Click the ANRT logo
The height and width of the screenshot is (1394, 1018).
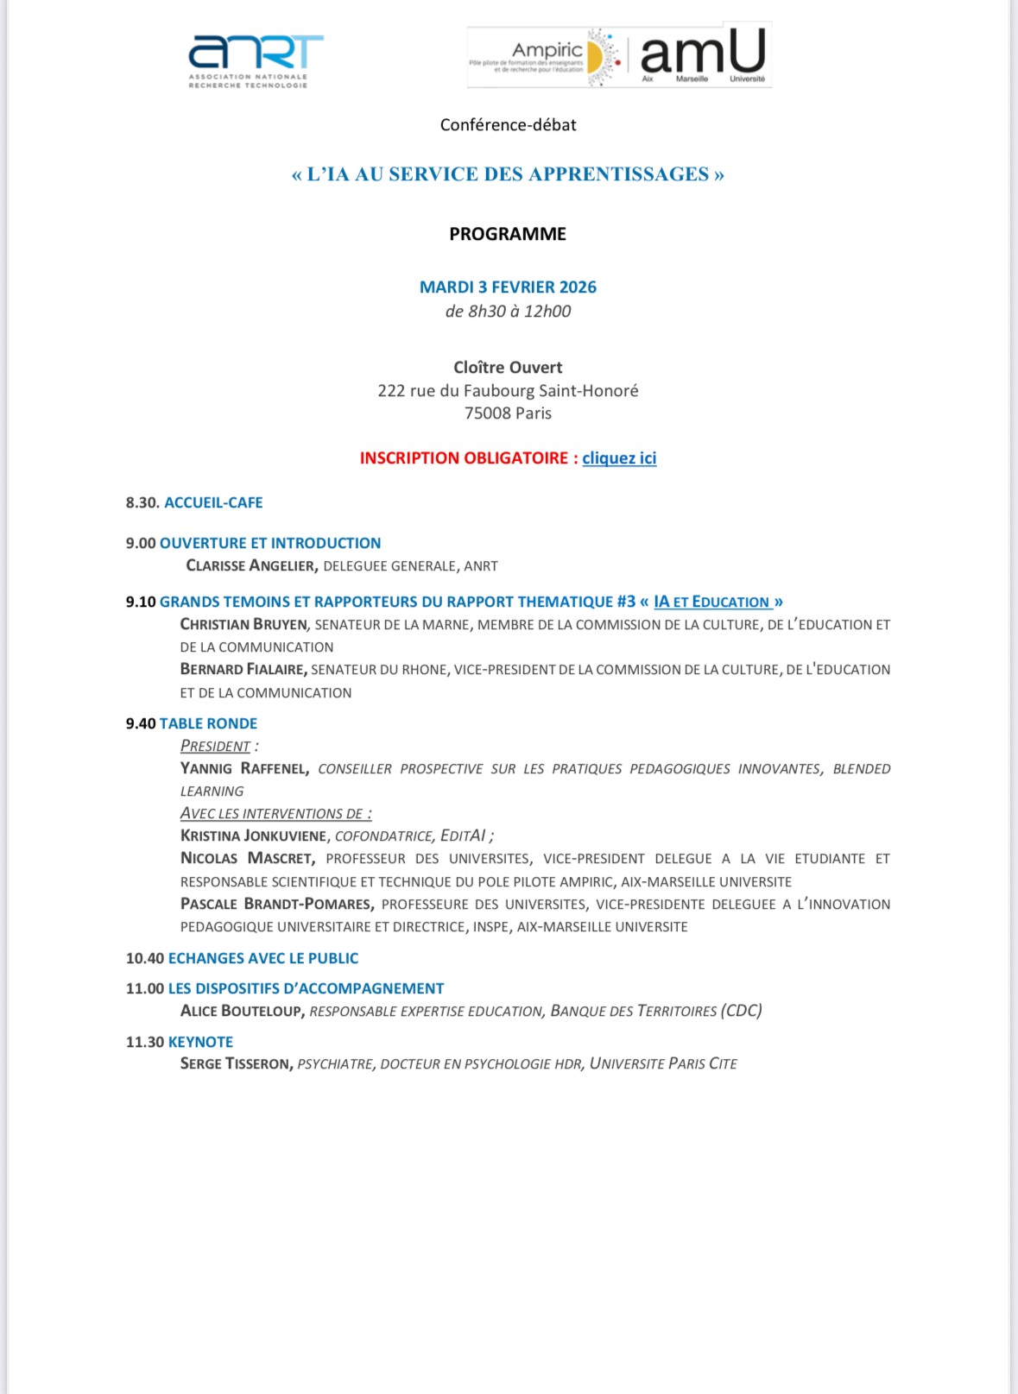pos(256,60)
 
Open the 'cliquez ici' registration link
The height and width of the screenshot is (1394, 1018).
pos(619,458)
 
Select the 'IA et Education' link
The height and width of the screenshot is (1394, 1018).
pos(711,602)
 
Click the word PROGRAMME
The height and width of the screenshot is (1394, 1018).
pos(508,234)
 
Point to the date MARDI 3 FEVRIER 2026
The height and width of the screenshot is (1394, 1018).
pos(508,287)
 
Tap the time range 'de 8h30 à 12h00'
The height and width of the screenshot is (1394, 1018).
pos(508,312)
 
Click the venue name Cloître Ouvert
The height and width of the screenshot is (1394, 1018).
pos(508,368)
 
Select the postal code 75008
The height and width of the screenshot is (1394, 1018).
pos(487,413)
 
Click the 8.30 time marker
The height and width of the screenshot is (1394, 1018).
pos(142,503)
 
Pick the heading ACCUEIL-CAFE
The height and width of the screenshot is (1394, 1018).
pos(213,503)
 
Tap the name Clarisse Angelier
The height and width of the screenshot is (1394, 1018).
pos(251,566)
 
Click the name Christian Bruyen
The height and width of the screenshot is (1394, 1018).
pos(243,624)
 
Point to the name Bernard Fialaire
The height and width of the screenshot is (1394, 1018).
pos(243,669)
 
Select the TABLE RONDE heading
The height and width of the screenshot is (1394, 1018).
pos(208,723)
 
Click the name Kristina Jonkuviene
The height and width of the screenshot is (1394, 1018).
pos(254,836)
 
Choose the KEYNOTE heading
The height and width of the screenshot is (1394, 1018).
pos(200,1042)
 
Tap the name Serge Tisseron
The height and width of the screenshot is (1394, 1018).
pos(236,1064)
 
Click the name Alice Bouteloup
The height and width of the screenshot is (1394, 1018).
pos(242,1011)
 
